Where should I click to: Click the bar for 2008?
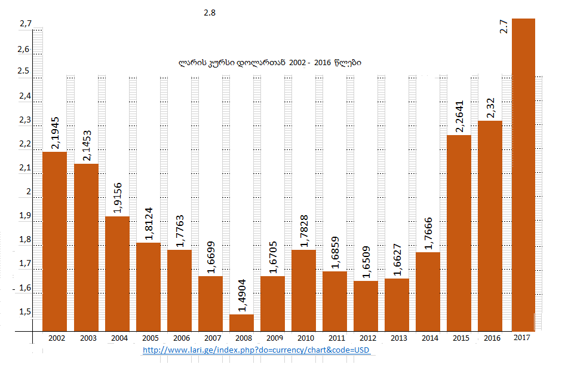[241, 322]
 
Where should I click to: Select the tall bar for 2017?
[523, 173]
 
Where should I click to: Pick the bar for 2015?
[459, 233]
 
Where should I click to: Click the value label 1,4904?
[241, 295]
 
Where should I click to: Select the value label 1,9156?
[117, 197]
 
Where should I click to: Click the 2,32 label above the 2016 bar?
[489, 109]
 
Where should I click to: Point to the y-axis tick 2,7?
[25, 24]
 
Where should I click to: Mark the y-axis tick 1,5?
[25, 312]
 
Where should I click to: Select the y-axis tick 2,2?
[25, 144]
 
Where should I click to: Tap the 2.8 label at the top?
[209, 11]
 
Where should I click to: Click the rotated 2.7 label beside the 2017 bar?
[504, 27]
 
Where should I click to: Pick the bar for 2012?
[366, 305]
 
